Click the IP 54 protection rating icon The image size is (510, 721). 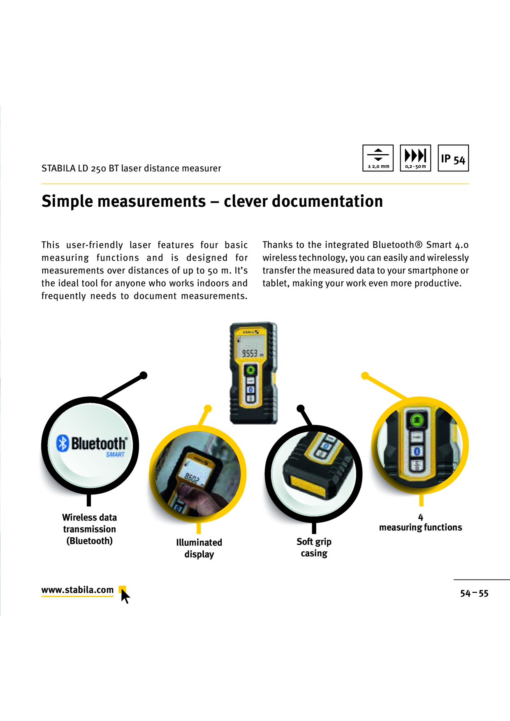coord(453,158)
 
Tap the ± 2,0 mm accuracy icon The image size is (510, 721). coord(378,158)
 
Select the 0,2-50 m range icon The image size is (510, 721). coord(415,158)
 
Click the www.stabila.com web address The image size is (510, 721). coord(77,590)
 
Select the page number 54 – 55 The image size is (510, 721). coord(474,593)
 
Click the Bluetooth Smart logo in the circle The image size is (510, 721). coord(91,445)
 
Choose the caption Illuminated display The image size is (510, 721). coord(199,548)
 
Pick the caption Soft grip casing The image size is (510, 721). coord(314,548)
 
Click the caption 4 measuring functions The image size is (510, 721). coord(420,522)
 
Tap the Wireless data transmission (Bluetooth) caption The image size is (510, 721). coord(89,529)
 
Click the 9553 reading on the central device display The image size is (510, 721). coord(250,353)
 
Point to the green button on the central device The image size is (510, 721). coord(250,370)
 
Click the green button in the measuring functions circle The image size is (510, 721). coord(417,420)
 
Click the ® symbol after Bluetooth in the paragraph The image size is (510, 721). coord(418,245)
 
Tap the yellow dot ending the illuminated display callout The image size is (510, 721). coord(208,409)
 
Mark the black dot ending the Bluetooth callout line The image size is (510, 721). coord(144,375)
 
